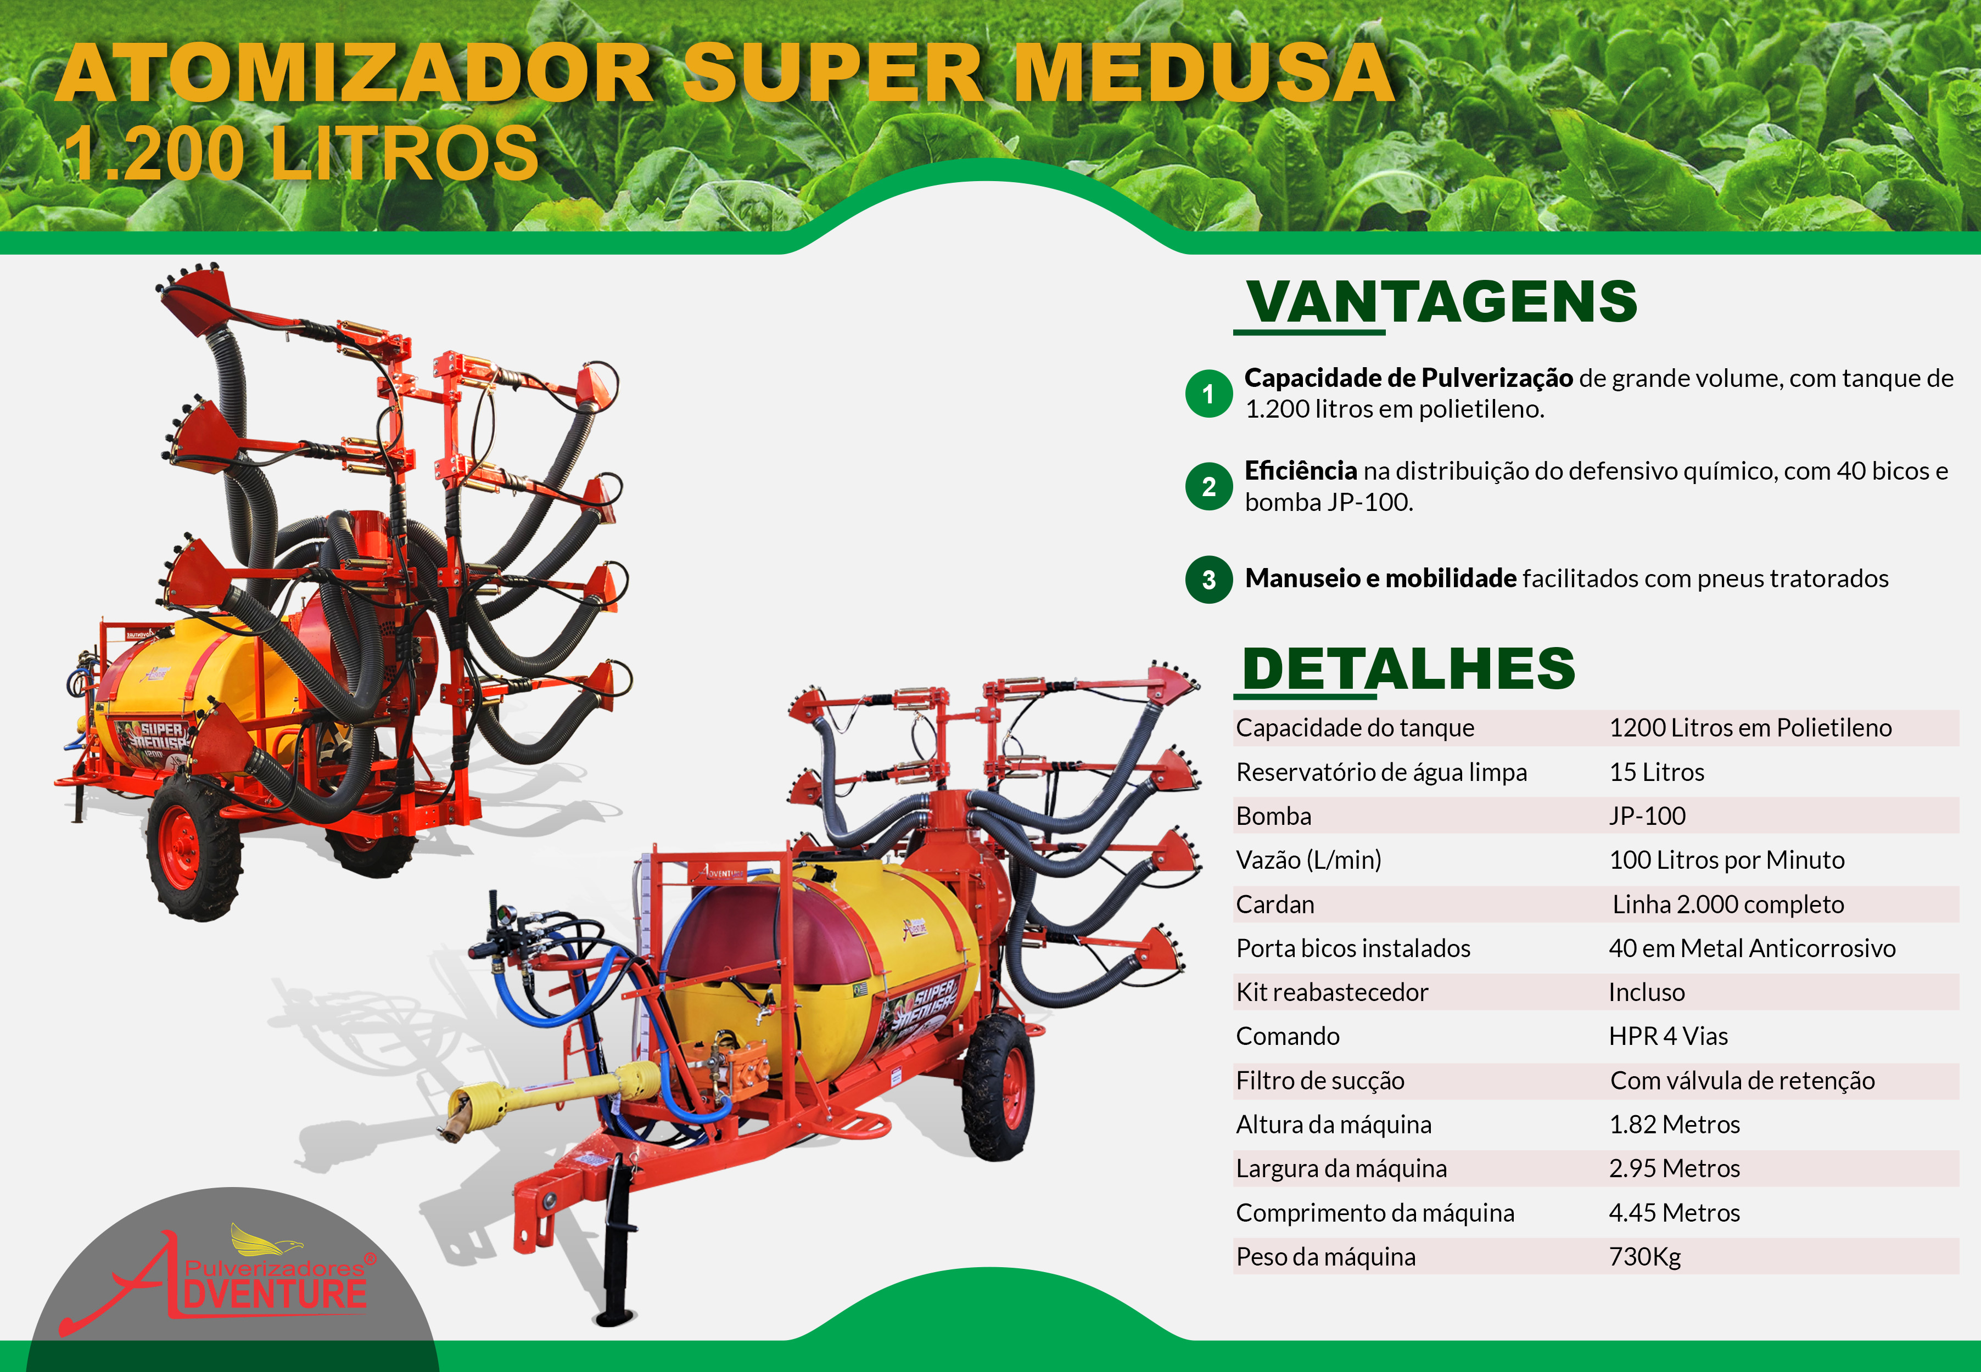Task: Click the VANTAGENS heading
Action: (x=1442, y=302)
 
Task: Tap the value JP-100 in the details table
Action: (x=1647, y=816)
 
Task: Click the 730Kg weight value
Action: (x=1645, y=1257)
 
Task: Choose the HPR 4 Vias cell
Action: (x=1668, y=1036)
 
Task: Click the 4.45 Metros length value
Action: (x=1674, y=1213)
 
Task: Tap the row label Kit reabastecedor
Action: (x=1332, y=992)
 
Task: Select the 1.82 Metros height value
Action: (x=1674, y=1124)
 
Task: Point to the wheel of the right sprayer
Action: (x=999, y=1088)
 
